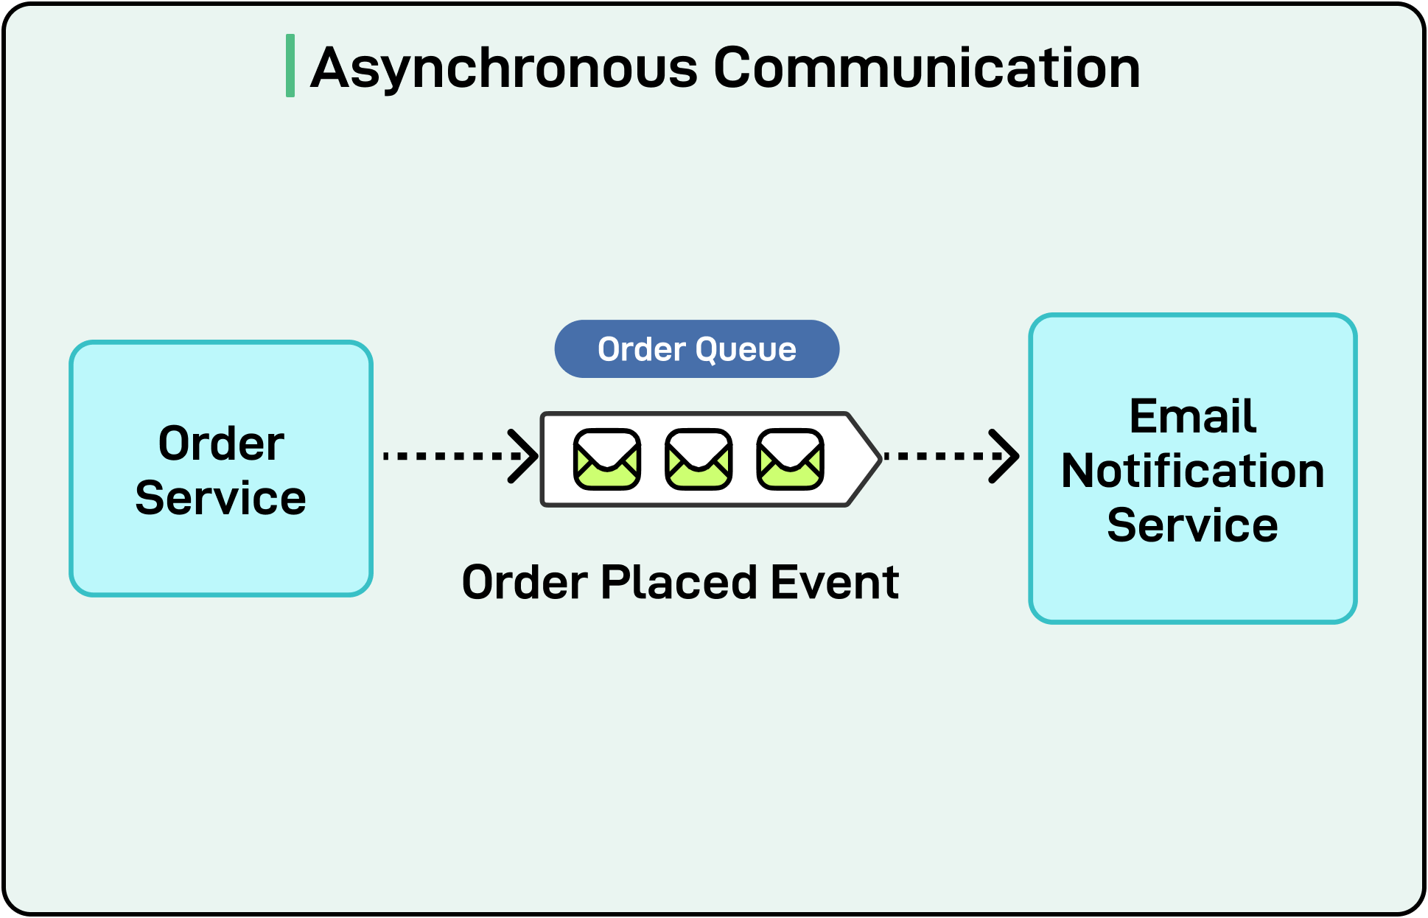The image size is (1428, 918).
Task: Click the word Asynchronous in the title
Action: pyautogui.click(x=503, y=68)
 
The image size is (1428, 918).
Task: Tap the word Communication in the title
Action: pyautogui.click(x=927, y=68)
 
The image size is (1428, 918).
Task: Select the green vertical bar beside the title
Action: pyautogui.click(x=290, y=66)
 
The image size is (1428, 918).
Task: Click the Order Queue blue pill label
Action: pyautogui.click(x=696, y=348)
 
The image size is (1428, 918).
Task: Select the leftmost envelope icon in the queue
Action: pyautogui.click(x=606, y=459)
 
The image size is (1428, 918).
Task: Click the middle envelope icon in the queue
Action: pyautogui.click(x=698, y=459)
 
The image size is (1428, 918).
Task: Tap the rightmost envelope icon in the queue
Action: pyautogui.click(x=790, y=459)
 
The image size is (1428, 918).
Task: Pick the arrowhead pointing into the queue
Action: pyautogui.click(x=525, y=456)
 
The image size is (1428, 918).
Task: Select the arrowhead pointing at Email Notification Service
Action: pyautogui.click(x=1005, y=456)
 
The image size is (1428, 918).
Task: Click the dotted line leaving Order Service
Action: pyautogui.click(x=442, y=456)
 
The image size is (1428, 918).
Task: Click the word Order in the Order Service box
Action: pyautogui.click(x=221, y=444)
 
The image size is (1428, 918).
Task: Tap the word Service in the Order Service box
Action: pyautogui.click(x=220, y=498)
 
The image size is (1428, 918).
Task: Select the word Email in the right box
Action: pyautogui.click(x=1192, y=416)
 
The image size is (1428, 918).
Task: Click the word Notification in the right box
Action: pyautogui.click(x=1192, y=471)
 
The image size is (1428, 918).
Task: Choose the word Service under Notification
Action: pyautogui.click(x=1192, y=525)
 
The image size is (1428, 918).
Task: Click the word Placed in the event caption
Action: pyautogui.click(x=679, y=583)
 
